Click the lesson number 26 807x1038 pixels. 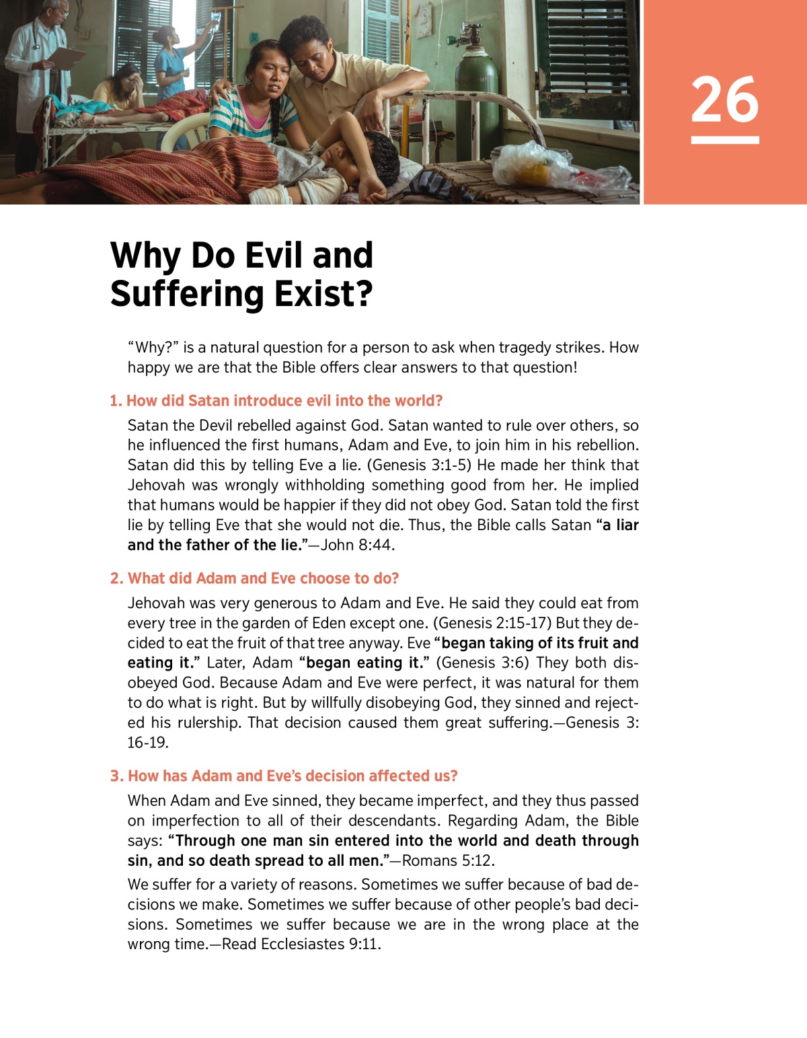coord(724,100)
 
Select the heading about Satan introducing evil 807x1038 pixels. coord(276,401)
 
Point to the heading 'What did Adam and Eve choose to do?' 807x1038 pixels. coord(254,579)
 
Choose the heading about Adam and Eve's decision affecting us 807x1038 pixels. coord(283,776)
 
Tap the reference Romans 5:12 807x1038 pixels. coord(448,860)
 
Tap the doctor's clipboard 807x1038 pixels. coord(65,57)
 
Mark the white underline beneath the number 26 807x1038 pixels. coord(724,140)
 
